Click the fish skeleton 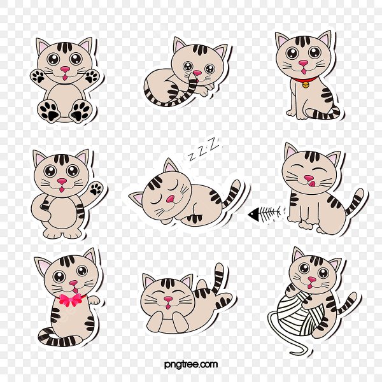pyautogui.click(x=266, y=212)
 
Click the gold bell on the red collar pyautogui.click(x=306, y=84)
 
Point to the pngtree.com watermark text pyautogui.click(x=190, y=364)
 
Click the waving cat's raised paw pyautogui.click(x=95, y=188)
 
